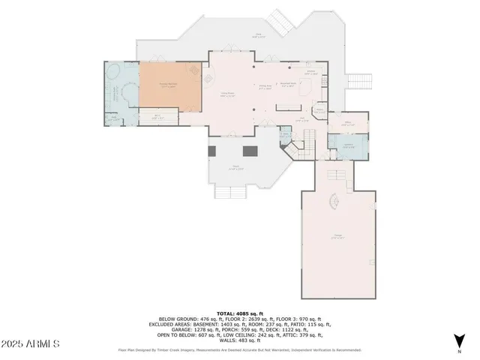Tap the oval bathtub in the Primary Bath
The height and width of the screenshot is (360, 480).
115,73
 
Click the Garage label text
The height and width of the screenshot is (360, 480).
337,237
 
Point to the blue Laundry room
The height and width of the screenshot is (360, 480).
349,146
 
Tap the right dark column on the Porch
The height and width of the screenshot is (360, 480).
256,151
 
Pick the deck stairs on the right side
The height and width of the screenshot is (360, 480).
359,80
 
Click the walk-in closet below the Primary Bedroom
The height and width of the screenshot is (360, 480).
158,117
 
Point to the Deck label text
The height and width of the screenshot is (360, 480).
259,34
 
